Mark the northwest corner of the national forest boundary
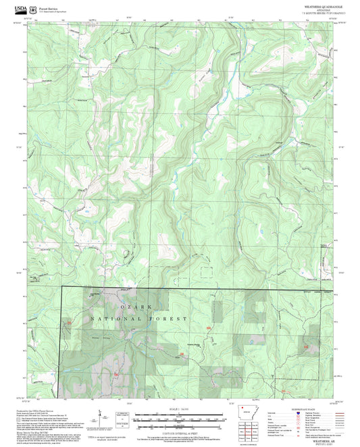[62, 286]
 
